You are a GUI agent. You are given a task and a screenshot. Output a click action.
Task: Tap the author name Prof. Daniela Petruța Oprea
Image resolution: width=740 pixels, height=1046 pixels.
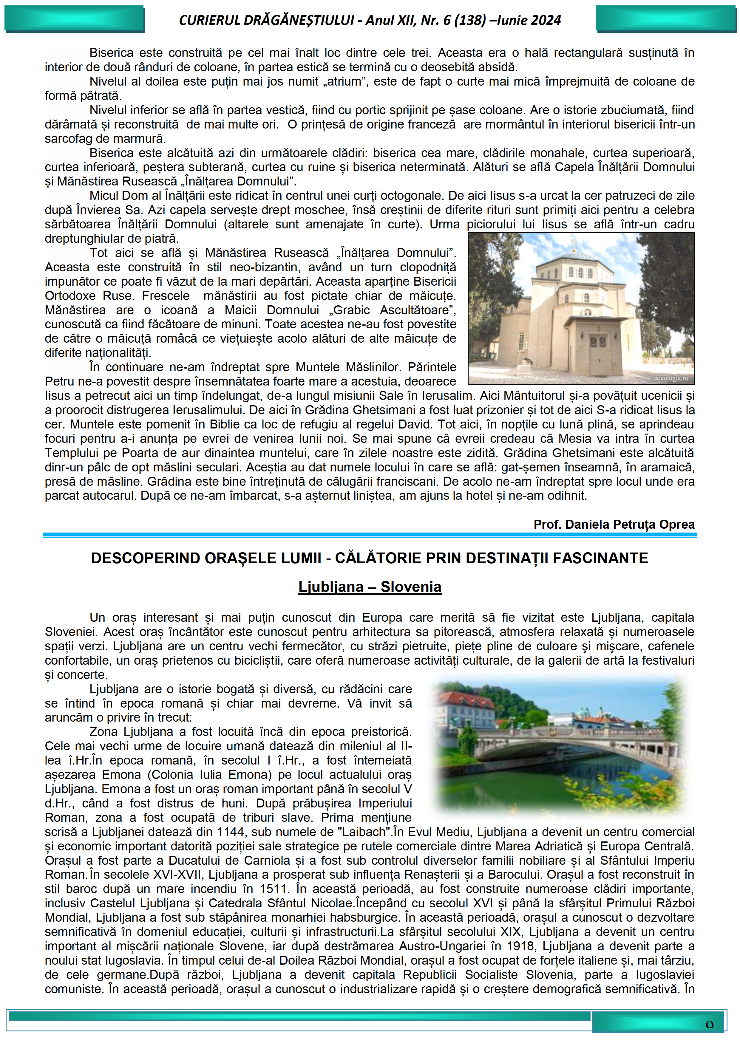point(614,524)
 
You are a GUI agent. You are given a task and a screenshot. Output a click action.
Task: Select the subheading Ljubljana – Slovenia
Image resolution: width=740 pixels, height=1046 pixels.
point(370,587)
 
